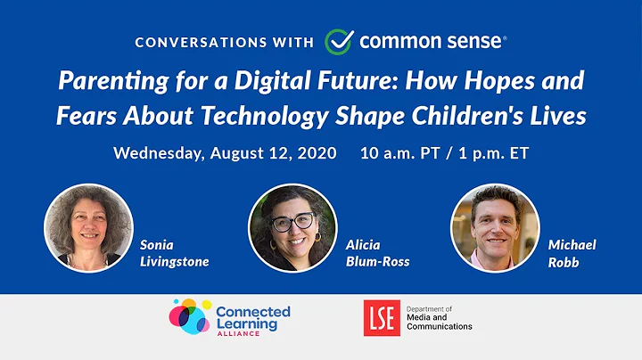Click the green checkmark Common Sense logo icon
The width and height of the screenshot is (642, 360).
(x=339, y=41)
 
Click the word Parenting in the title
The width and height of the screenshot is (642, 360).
(x=101, y=81)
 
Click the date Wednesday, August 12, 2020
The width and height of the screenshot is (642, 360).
(x=225, y=152)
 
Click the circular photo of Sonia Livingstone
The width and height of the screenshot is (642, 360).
(x=88, y=227)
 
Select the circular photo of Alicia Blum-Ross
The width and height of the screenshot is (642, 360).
(x=292, y=227)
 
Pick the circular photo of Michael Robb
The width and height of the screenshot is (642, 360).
(x=495, y=227)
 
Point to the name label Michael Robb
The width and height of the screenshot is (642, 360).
(x=572, y=252)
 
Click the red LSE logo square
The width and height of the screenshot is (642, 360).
(x=382, y=317)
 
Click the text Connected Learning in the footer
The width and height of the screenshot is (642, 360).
(x=253, y=318)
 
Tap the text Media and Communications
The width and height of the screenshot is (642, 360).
(x=439, y=322)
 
